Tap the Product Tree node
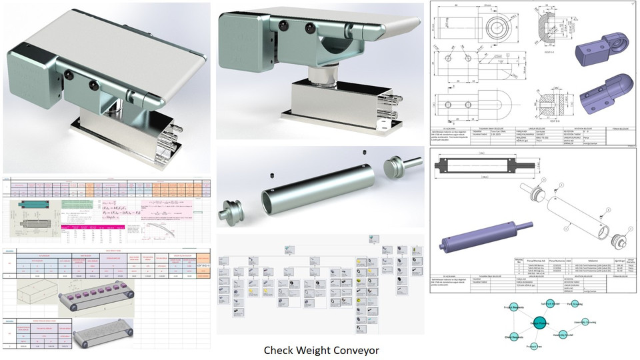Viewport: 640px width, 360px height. (x=532, y=347)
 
